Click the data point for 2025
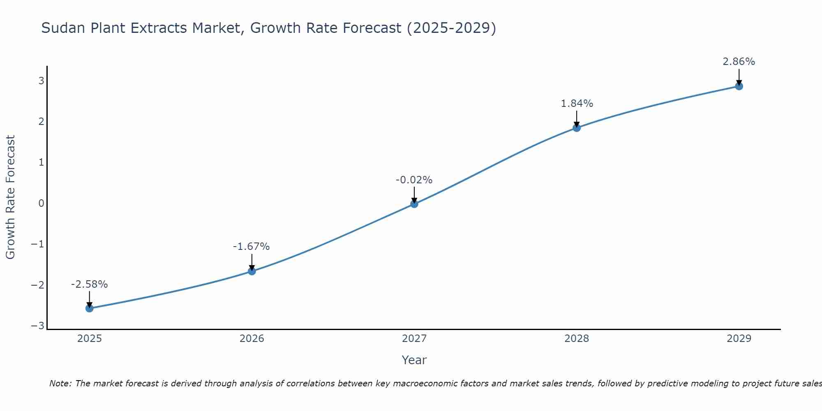click(89, 308)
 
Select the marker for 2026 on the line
click(252, 271)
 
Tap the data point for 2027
click(414, 204)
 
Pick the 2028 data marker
click(577, 128)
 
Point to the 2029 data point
click(739, 86)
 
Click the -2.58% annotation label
click(89, 284)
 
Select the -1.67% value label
click(251, 247)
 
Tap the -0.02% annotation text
click(414, 180)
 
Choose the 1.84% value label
click(577, 104)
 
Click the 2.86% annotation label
click(739, 62)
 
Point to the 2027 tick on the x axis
click(414, 339)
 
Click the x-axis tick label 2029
click(739, 339)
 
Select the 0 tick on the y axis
click(41, 203)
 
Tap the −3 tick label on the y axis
click(38, 326)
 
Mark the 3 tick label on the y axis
click(41, 81)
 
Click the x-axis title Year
click(414, 360)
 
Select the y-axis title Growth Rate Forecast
click(10, 197)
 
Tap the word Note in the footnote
click(60, 383)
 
